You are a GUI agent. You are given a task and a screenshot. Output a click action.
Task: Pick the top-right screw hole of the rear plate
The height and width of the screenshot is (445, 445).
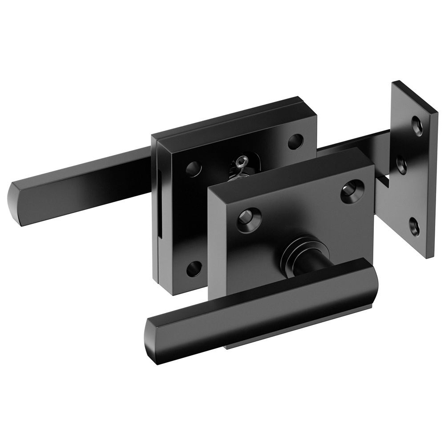click(x=295, y=142)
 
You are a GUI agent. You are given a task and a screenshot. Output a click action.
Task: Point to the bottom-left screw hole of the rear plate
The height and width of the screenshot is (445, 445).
click(x=194, y=268)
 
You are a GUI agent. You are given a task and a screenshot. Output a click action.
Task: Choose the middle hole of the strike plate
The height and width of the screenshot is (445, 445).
click(x=402, y=165)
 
